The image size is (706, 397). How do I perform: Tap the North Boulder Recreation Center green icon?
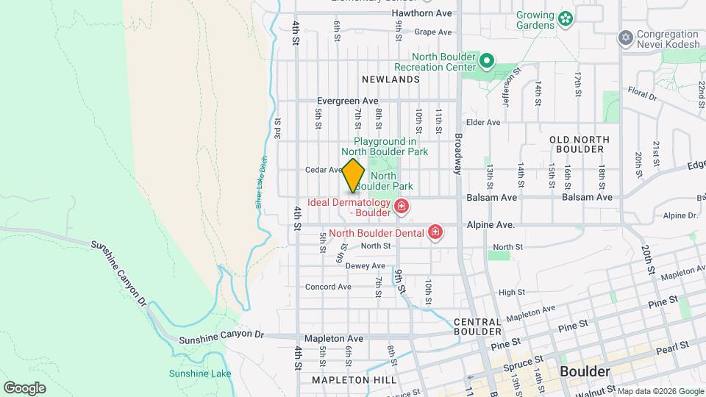[x=486, y=60]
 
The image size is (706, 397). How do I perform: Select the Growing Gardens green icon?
[x=565, y=18]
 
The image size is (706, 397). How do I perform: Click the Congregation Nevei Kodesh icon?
[x=626, y=37]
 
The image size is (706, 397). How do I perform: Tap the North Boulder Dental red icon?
[x=435, y=234]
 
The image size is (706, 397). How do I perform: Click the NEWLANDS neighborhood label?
[x=391, y=79]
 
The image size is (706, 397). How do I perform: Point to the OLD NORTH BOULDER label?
[x=577, y=143]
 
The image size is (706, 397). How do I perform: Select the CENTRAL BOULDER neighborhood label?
[x=478, y=326]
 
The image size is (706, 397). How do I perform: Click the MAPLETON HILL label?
[x=354, y=380]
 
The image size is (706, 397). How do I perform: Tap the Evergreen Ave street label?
[x=347, y=101]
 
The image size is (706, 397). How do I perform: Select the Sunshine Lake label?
[x=200, y=373]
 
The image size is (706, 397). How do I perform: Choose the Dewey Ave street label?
[x=366, y=266]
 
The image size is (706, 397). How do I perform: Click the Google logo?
[x=24, y=387]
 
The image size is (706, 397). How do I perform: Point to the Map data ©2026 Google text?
[x=660, y=391]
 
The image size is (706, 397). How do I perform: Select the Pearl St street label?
[x=674, y=345]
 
